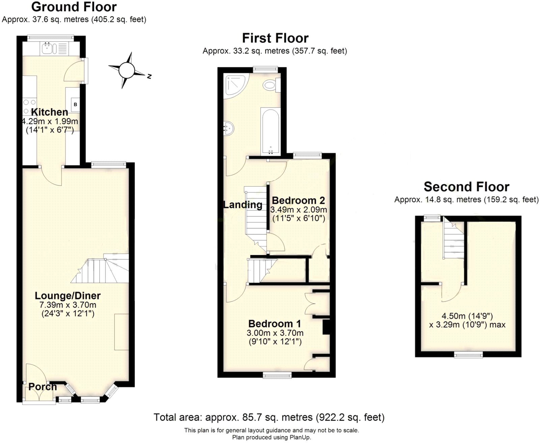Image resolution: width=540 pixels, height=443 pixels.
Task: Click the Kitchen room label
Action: coord(50,112)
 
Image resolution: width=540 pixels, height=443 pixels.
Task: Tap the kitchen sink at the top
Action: coord(47,49)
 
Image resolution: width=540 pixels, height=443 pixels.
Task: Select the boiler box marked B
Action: coord(75,104)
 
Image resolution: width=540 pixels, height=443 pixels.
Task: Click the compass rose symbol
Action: coord(127,70)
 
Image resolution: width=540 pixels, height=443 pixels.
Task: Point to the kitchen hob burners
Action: coord(29,106)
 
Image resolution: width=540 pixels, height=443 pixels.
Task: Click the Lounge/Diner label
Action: coord(67,296)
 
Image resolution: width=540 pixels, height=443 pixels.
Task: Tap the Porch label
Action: coord(43,387)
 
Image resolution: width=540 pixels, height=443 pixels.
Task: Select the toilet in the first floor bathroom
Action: coord(270,85)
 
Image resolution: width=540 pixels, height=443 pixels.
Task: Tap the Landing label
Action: coord(243,205)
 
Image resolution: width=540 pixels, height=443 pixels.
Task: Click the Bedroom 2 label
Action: coord(298,200)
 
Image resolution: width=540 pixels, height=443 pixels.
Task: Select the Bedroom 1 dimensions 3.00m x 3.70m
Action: coord(275,333)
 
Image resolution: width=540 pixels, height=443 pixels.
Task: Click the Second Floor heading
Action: coord(466,187)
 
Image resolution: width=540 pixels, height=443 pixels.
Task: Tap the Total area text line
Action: coord(269,417)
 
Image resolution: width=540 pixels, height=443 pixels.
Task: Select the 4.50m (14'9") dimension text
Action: coord(467,316)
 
